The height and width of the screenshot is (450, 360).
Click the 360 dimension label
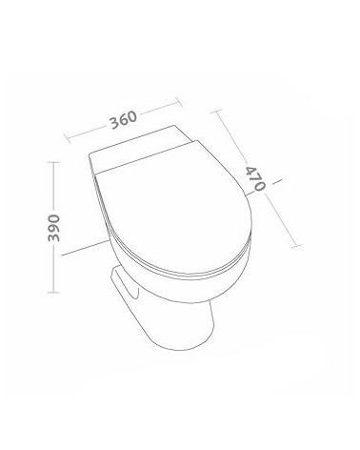coord(124,120)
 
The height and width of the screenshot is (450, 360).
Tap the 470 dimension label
coord(255,178)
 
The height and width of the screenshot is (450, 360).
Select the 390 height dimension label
coord(53,228)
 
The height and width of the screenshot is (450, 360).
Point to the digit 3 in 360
coord(115,123)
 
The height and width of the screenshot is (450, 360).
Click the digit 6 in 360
coord(124,120)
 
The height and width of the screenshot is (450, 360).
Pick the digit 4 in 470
coord(251,171)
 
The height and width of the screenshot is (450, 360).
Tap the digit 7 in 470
coord(255,178)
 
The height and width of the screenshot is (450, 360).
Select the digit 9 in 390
coord(53,228)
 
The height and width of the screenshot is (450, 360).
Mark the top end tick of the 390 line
coord(53,162)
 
